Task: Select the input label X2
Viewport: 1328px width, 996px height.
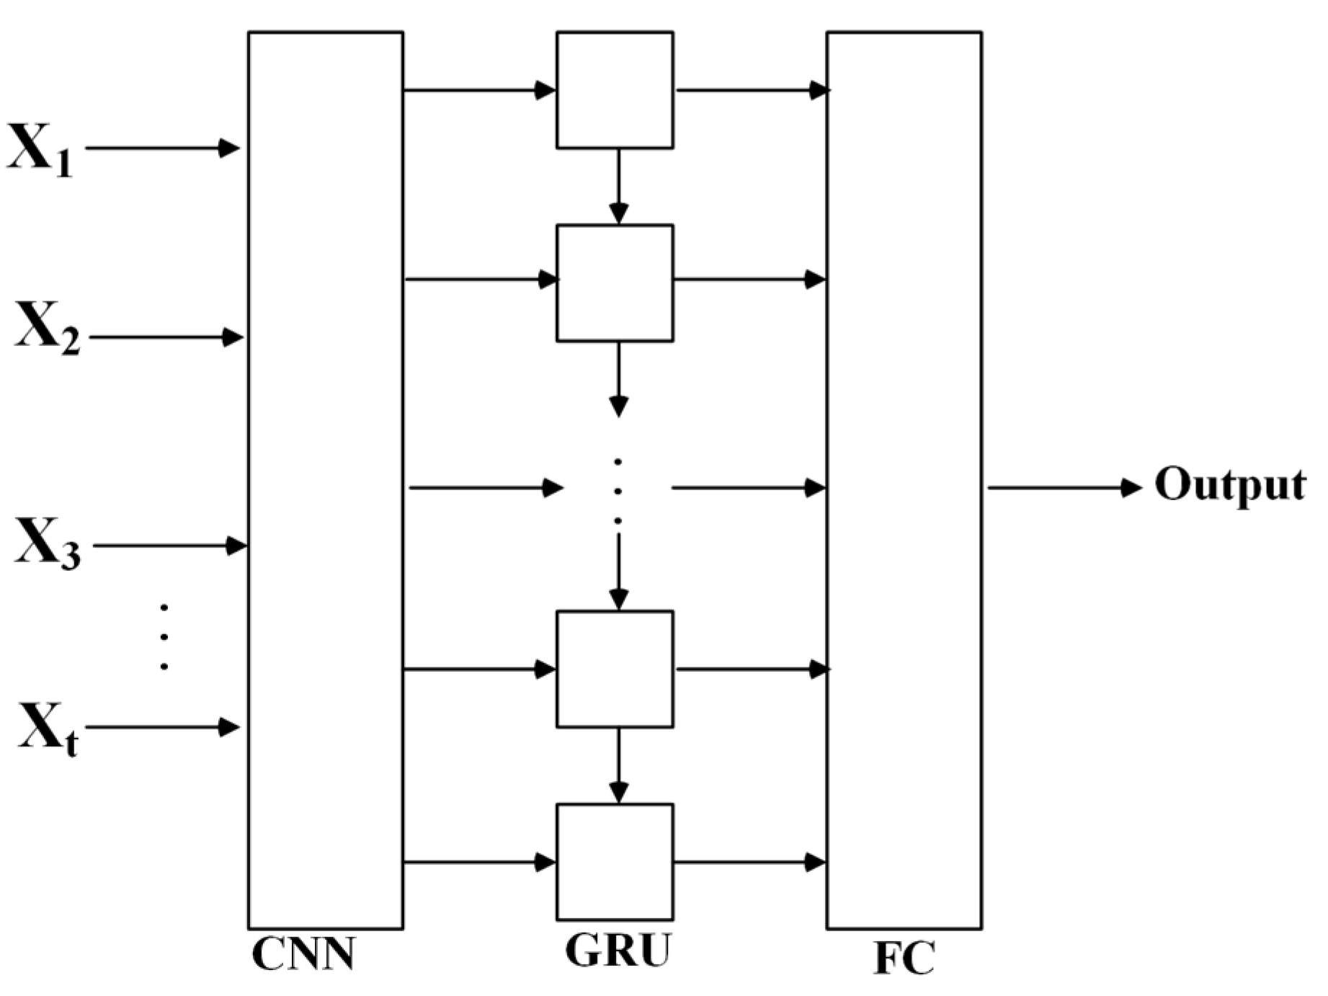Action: (x=48, y=327)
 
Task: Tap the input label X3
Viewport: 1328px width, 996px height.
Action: (x=48, y=543)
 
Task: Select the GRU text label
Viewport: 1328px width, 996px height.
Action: (x=618, y=951)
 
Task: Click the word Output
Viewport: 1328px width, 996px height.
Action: (x=1230, y=484)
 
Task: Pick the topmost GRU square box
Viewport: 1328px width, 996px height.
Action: (x=615, y=90)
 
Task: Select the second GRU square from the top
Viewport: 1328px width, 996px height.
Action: (x=615, y=283)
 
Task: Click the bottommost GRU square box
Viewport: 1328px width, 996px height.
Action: (x=615, y=861)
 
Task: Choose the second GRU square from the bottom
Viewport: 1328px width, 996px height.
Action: (x=615, y=669)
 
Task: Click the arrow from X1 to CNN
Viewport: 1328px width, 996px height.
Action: (x=162, y=148)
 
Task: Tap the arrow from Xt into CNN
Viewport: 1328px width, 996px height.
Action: (x=162, y=727)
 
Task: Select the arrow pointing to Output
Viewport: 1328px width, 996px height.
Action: (x=1063, y=488)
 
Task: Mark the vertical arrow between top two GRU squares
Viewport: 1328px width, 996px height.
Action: (x=618, y=186)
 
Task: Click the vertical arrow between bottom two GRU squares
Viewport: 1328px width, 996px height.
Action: (x=618, y=765)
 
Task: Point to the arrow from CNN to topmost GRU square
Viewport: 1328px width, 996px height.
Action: (x=479, y=90)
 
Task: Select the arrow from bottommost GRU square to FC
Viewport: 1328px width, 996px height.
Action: (x=749, y=862)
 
